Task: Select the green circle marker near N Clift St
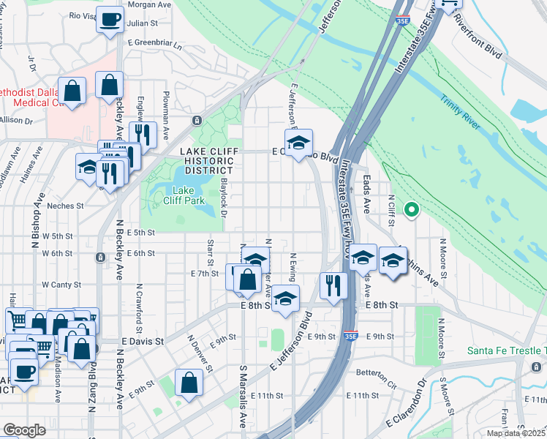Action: coord(411,211)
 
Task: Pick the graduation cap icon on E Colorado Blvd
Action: coord(298,143)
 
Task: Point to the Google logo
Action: coord(24,430)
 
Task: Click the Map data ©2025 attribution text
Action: coord(516,433)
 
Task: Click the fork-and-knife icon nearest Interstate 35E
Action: coord(333,285)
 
